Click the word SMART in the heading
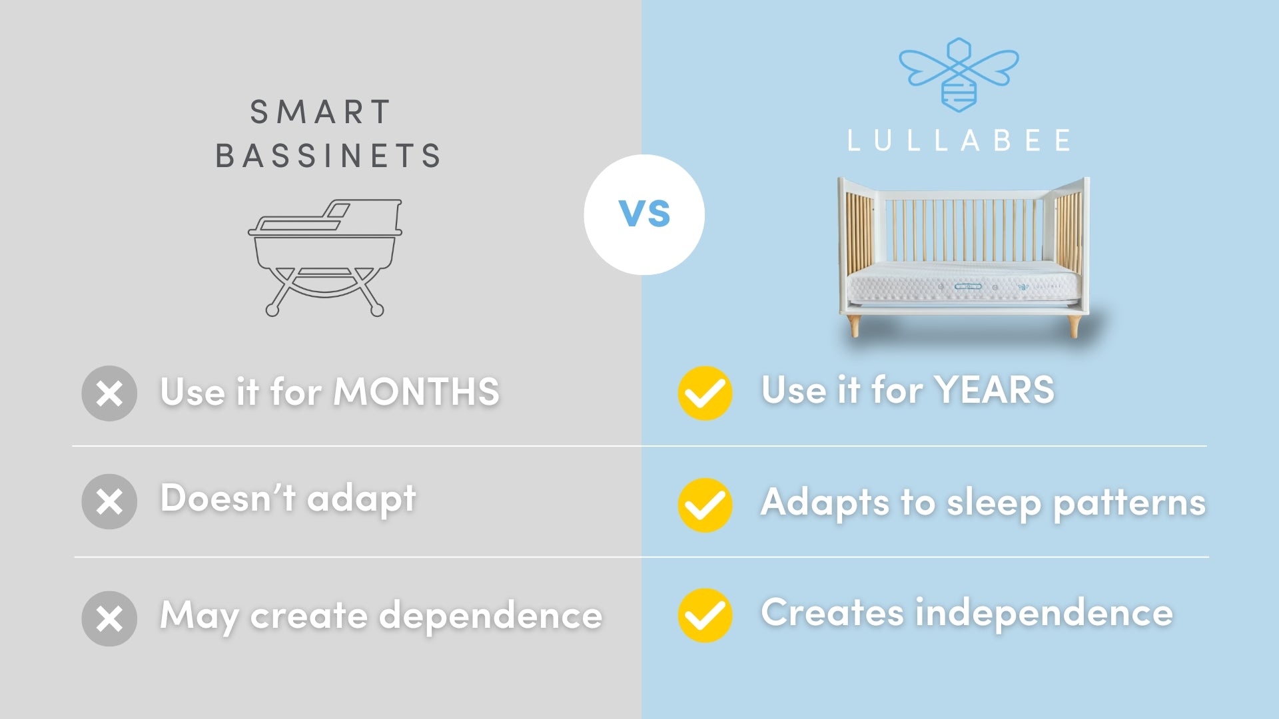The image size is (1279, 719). pyautogui.click(x=320, y=112)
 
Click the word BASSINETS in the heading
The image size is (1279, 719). pyautogui.click(x=328, y=156)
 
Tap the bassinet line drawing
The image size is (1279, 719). pyautogui.click(x=325, y=257)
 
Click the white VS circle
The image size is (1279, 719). pyautogui.click(x=644, y=214)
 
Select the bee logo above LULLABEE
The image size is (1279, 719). pyautogui.click(x=959, y=74)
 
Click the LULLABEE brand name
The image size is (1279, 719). pyautogui.click(x=959, y=140)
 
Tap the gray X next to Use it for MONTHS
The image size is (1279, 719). pyautogui.click(x=109, y=393)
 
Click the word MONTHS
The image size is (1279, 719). pyautogui.click(x=416, y=391)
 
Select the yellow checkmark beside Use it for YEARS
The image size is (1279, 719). pyautogui.click(x=705, y=393)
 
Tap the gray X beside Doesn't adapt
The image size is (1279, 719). pyautogui.click(x=109, y=501)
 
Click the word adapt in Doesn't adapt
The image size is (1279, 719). pyautogui.click(x=362, y=499)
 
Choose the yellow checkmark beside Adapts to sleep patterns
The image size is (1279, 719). pyautogui.click(x=705, y=505)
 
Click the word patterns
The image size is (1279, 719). pyautogui.click(x=1130, y=503)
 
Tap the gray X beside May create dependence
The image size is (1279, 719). pyautogui.click(x=109, y=618)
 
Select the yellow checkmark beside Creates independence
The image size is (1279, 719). pyautogui.click(x=705, y=615)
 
